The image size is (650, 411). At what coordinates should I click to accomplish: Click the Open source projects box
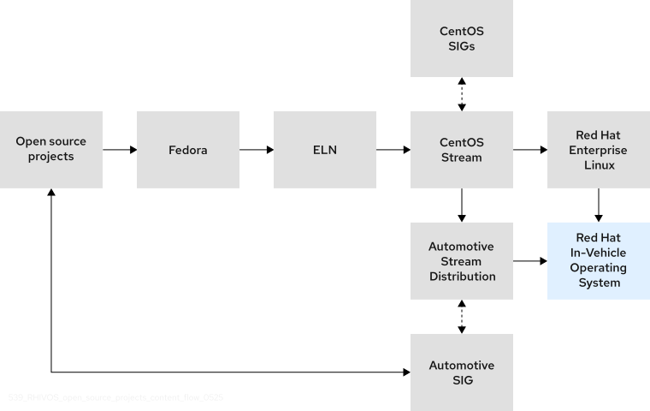click(x=51, y=150)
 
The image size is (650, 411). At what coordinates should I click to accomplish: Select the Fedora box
click(x=187, y=150)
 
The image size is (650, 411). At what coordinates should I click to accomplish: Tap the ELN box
click(x=324, y=150)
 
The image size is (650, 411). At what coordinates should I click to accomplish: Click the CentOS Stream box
click(x=461, y=150)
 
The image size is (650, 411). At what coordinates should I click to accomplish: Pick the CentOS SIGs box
click(x=461, y=39)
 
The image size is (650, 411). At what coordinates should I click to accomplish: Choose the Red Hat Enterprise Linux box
click(x=598, y=150)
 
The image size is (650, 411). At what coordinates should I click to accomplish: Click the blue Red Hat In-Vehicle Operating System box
click(x=598, y=260)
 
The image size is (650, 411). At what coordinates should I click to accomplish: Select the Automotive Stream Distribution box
click(x=461, y=260)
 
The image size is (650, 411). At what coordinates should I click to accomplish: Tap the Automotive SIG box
click(x=461, y=372)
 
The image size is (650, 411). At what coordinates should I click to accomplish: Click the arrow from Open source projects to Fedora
click(x=120, y=150)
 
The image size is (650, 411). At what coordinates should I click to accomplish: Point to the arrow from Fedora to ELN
click(x=257, y=150)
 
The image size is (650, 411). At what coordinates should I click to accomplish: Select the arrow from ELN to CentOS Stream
click(x=393, y=150)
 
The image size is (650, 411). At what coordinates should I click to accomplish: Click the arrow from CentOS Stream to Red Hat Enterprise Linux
click(x=530, y=150)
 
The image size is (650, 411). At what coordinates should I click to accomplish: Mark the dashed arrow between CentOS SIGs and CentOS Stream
click(x=462, y=94)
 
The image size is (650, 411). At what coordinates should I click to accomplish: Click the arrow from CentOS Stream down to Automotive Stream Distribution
click(x=462, y=205)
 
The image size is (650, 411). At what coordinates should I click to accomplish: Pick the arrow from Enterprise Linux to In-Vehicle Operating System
click(x=598, y=205)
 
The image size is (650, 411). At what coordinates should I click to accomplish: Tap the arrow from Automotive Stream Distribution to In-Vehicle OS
click(x=530, y=260)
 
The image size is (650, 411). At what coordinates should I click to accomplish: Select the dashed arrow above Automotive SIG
click(x=462, y=317)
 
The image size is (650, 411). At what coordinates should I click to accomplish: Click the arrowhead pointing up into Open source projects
click(x=51, y=194)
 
